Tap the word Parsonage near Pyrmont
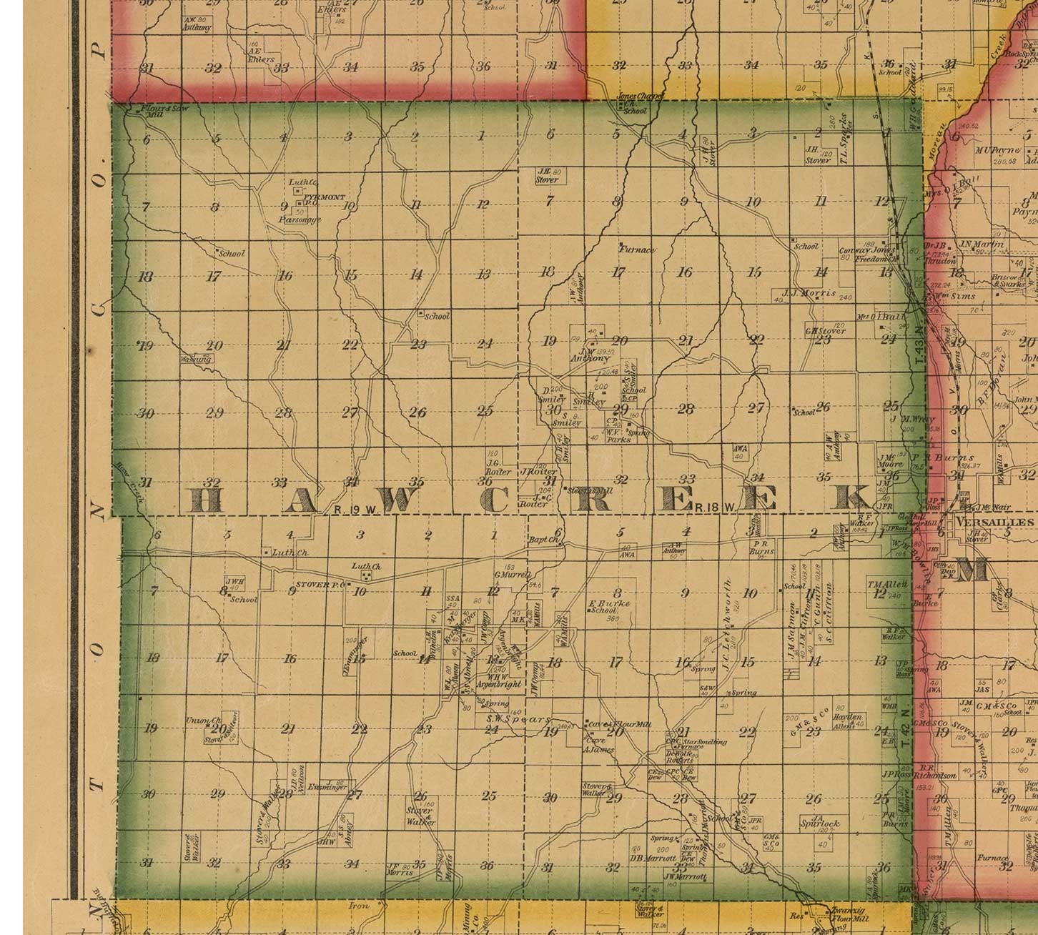(x=300, y=219)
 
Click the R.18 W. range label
(x=713, y=507)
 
